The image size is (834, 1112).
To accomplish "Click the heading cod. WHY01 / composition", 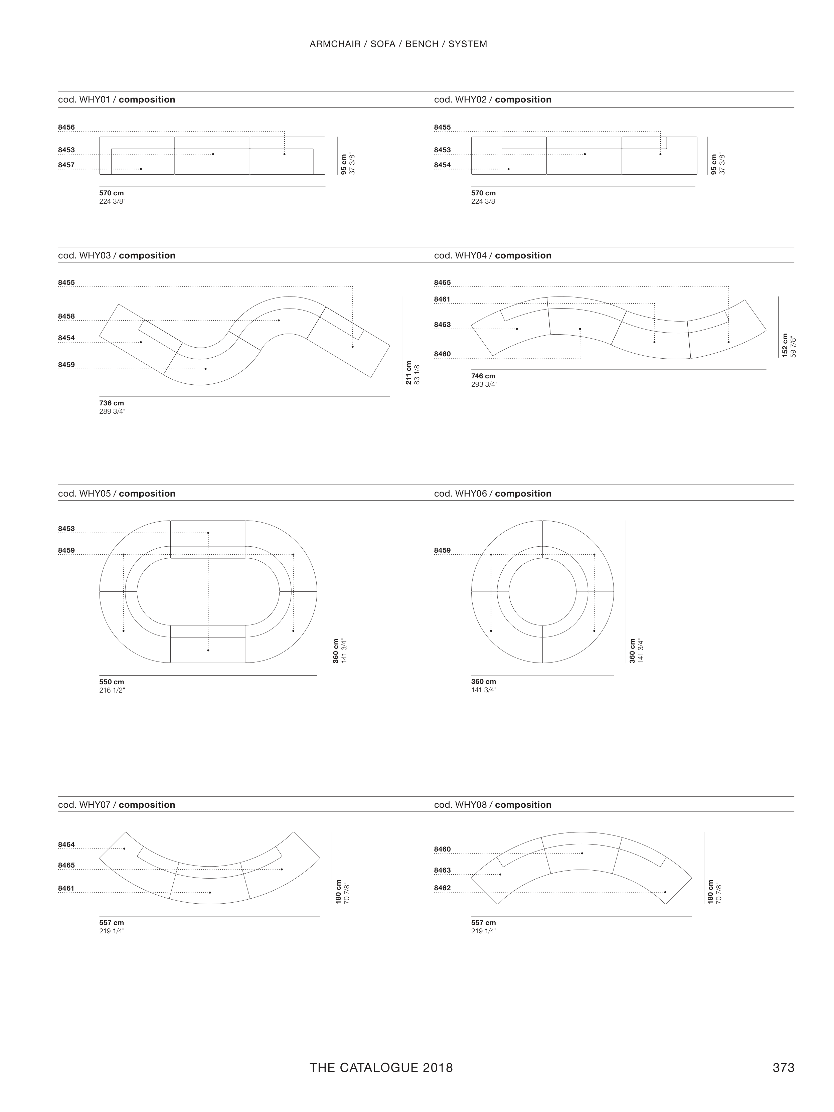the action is [x=117, y=100].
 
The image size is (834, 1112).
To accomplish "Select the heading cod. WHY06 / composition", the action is [x=493, y=494].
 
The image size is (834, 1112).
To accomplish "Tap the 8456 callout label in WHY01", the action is [x=66, y=127].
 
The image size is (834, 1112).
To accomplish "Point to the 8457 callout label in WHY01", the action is [x=66, y=165].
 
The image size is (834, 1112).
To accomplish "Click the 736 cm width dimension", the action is [x=112, y=403].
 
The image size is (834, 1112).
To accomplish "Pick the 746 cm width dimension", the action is [x=483, y=376].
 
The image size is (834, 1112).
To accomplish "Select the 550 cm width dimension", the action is [x=112, y=682].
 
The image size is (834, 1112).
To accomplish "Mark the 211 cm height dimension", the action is [x=408, y=373].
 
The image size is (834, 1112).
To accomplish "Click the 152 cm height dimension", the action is [x=785, y=345].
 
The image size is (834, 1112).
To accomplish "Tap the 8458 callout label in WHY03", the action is [x=66, y=316].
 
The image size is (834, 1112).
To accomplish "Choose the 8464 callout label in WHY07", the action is [x=66, y=845].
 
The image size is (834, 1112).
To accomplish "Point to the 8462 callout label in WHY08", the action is [x=443, y=888].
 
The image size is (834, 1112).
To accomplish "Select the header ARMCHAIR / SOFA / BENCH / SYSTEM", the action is [x=398, y=44].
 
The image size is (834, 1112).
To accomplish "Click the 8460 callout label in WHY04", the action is [x=443, y=354].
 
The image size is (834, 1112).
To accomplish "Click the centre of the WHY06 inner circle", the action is [x=542, y=592].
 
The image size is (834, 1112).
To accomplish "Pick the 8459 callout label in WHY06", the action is [x=443, y=550].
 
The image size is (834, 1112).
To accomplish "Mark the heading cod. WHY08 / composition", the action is [x=493, y=805].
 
